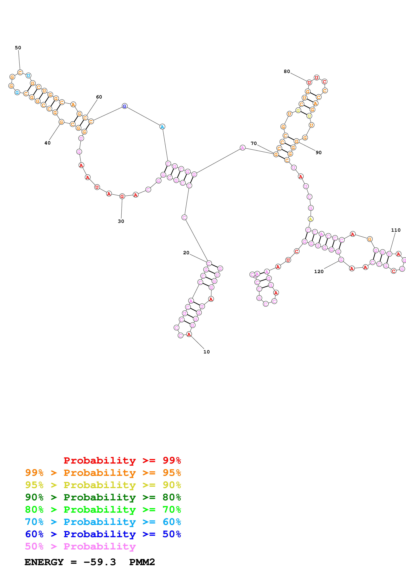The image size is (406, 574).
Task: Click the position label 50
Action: pos(18,48)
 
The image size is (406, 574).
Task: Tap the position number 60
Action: pos(99,97)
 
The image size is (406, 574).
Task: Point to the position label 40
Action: pos(47,143)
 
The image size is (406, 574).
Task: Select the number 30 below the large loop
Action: pos(121,221)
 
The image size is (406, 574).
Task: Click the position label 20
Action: pos(186,253)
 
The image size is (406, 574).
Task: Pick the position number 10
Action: pos(207,352)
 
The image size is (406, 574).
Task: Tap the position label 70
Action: pos(254,143)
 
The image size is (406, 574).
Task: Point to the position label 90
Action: pos(318,152)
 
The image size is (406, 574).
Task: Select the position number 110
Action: pos(396,230)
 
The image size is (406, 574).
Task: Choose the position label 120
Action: pos(319,271)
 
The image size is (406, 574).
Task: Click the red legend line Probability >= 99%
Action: pos(122,460)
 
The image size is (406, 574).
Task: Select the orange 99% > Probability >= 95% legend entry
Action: pos(103,473)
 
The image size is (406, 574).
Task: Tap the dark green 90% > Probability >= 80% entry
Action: pos(103,497)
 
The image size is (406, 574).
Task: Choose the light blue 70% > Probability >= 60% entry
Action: pos(103,522)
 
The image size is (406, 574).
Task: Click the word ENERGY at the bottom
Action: pos(44,562)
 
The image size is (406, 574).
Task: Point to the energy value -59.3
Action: pos(100,562)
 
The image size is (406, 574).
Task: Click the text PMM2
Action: pos(142,562)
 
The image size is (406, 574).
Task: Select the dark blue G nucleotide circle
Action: pos(125,106)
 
